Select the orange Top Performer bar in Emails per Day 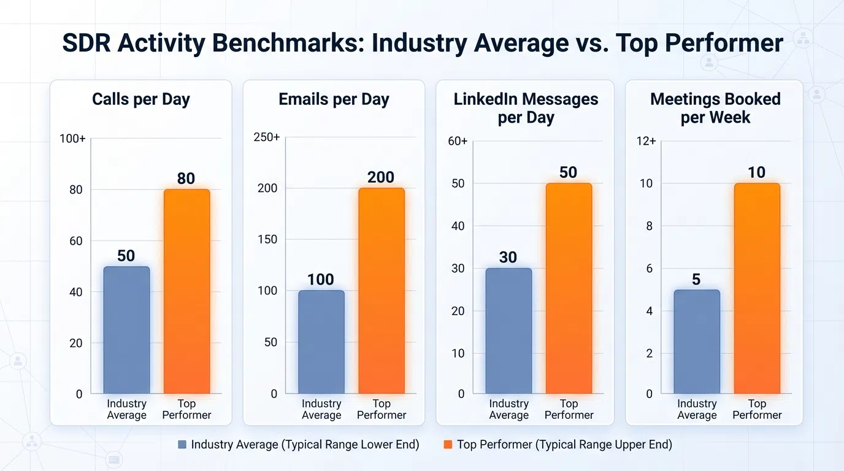382,291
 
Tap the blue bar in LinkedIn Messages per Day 508,331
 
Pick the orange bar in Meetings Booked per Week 757,288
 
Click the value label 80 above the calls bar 186,178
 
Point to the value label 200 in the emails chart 381,177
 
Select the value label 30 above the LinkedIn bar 508,257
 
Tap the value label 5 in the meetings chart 696,280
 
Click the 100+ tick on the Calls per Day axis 72,139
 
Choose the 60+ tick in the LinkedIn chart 458,142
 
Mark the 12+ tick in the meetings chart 646,142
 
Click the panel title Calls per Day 141,99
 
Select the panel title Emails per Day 334,99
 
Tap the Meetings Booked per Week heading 715,108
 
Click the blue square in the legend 182,445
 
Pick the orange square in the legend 448,445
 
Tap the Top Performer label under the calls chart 186,409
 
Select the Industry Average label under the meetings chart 697,409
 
